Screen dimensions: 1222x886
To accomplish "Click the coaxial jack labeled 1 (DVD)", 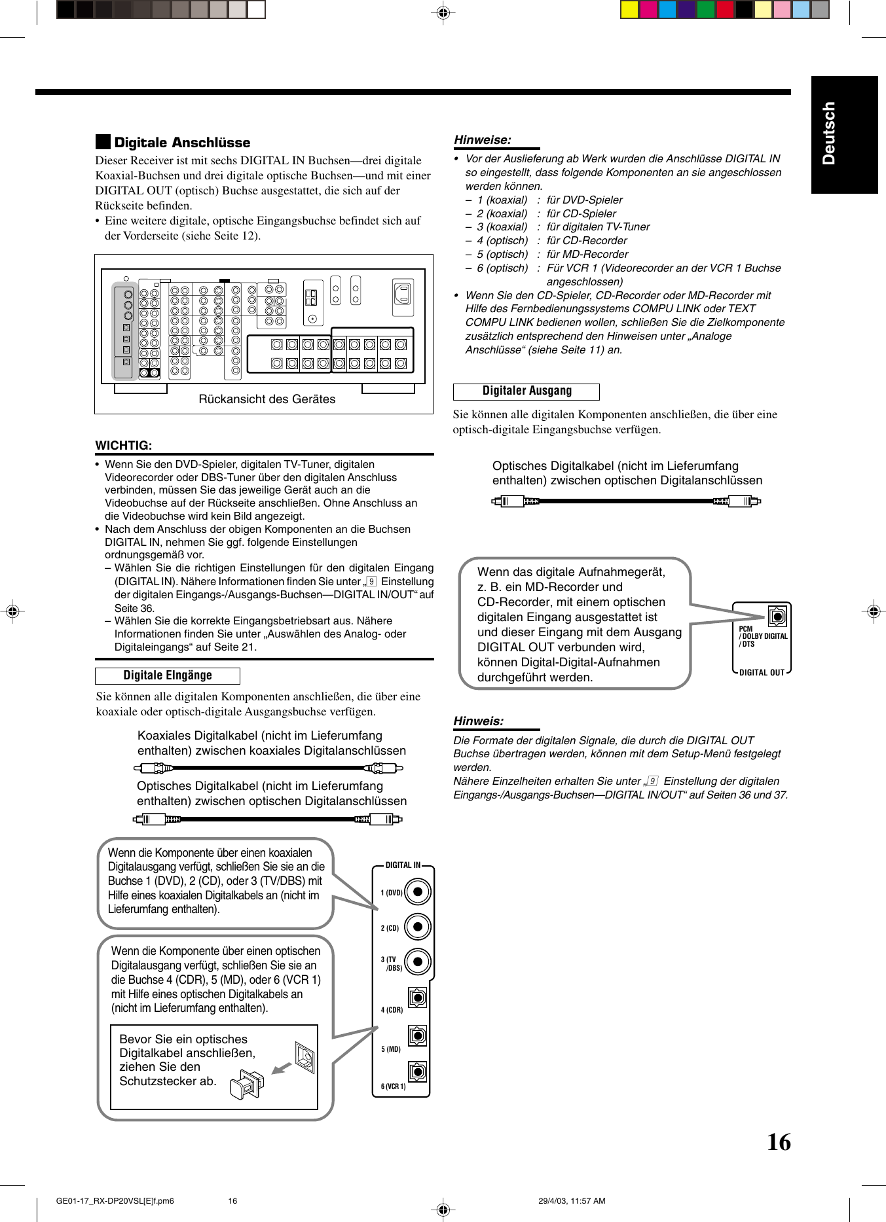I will tap(417, 891).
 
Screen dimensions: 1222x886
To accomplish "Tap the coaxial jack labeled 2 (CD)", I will tap(417, 926).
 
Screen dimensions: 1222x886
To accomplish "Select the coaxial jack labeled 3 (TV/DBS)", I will tap(417, 961).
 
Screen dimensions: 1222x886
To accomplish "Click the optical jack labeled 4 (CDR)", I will tap(417, 997).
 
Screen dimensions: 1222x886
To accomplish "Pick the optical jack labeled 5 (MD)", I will tap(417, 1035).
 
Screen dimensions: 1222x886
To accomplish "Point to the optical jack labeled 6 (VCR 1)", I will tap(417, 1071).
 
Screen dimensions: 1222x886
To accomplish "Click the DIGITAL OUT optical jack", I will tap(777, 617).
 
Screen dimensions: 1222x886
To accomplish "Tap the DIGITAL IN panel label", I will tap(403, 865).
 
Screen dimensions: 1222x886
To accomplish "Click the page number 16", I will tap(779, 1142).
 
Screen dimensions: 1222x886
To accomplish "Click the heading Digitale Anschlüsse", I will tap(181, 143).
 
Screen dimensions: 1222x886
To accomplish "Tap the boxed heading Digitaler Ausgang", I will tap(526, 391).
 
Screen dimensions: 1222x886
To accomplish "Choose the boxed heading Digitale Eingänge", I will tap(168, 675).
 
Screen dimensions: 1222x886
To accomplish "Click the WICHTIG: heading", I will tap(124, 446).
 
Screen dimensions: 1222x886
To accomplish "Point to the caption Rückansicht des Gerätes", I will tap(267, 399).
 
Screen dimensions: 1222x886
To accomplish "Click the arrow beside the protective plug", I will tap(282, 1068).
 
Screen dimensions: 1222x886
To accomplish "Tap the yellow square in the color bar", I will tap(629, 9).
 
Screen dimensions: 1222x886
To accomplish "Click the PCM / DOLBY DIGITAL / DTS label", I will tap(762, 636).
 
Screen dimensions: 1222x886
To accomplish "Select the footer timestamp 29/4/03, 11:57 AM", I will tap(572, 1200).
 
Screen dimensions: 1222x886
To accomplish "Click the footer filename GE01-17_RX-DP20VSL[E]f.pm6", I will tap(115, 1200).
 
